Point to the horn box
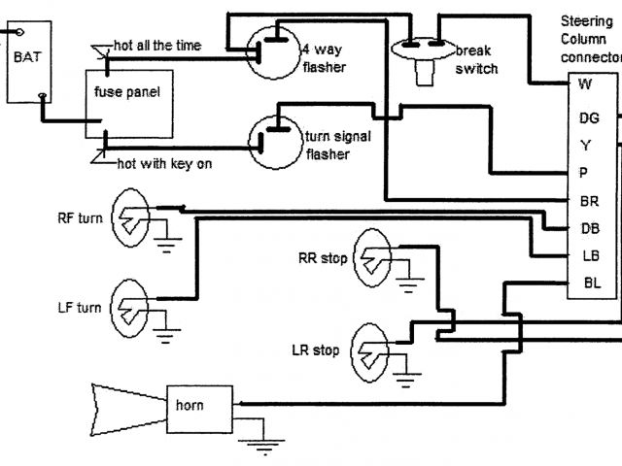tap(201, 408)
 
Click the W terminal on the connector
tap(586, 84)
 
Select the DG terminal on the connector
tap(589, 117)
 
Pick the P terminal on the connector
tap(586, 173)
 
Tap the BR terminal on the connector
tap(589, 201)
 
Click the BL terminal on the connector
tap(591, 283)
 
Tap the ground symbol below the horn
tap(259, 448)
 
